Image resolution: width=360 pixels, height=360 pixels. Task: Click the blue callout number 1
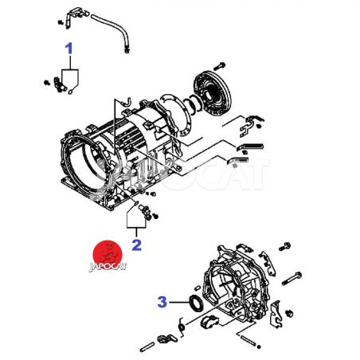pyautogui.click(x=69, y=49)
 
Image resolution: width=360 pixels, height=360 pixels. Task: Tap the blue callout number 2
pyautogui.click(x=137, y=245)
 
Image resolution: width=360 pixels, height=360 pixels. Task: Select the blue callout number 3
pyautogui.click(x=162, y=302)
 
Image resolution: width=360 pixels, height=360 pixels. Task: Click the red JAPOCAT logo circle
pyautogui.click(x=108, y=254)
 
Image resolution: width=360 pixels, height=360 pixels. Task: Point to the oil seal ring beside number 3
pyautogui.click(x=196, y=303)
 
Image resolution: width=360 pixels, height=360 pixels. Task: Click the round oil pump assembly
pyautogui.click(x=213, y=93)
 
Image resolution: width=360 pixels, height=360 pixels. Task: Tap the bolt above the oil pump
pyautogui.click(x=219, y=65)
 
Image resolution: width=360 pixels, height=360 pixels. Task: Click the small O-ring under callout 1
pyautogui.click(x=71, y=92)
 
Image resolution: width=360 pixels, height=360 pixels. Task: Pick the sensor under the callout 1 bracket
pyautogui.click(x=60, y=84)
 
